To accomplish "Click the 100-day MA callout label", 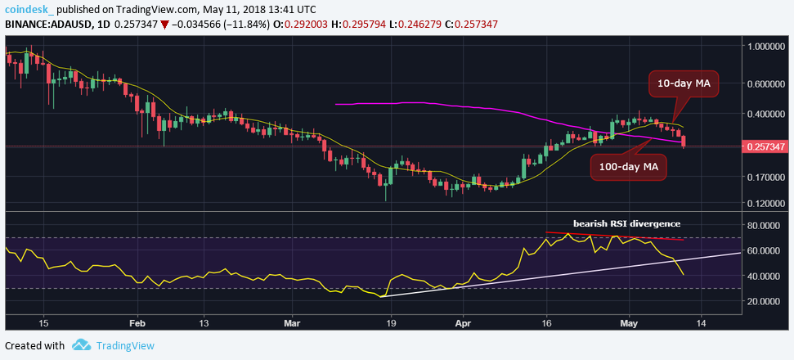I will (x=627, y=167).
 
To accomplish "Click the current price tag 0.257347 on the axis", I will (x=767, y=146).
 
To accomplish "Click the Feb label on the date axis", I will (x=137, y=322).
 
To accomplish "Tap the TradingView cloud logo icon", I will (x=81, y=345).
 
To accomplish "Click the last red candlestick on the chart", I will (x=684, y=141).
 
